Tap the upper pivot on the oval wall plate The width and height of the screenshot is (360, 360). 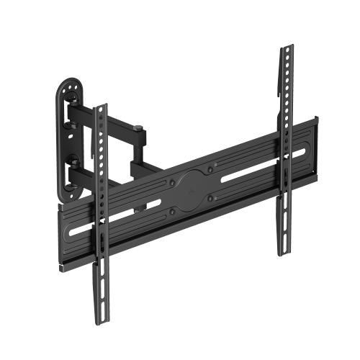(x=73, y=109)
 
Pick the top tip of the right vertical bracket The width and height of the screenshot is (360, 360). (x=286, y=48)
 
